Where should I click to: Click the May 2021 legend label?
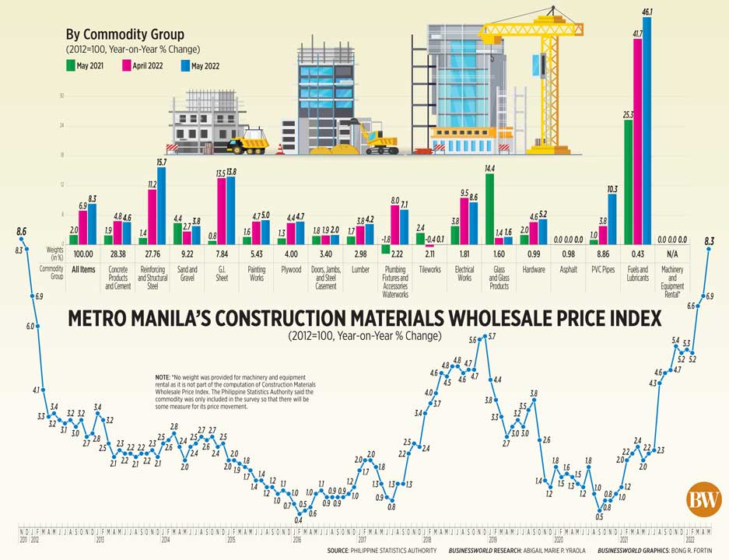point(92,66)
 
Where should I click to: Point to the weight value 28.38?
point(117,254)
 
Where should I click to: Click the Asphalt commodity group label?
point(568,268)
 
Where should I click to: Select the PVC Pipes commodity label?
point(603,268)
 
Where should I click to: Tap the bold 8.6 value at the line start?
point(21,232)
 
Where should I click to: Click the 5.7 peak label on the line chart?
point(492,335)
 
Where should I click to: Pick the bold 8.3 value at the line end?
point(709,241)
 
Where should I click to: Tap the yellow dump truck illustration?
point(247,142)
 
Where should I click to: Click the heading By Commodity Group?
point(124,34)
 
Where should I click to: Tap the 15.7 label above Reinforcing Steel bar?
point(161,162)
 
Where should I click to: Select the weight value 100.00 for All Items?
point(83,254)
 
